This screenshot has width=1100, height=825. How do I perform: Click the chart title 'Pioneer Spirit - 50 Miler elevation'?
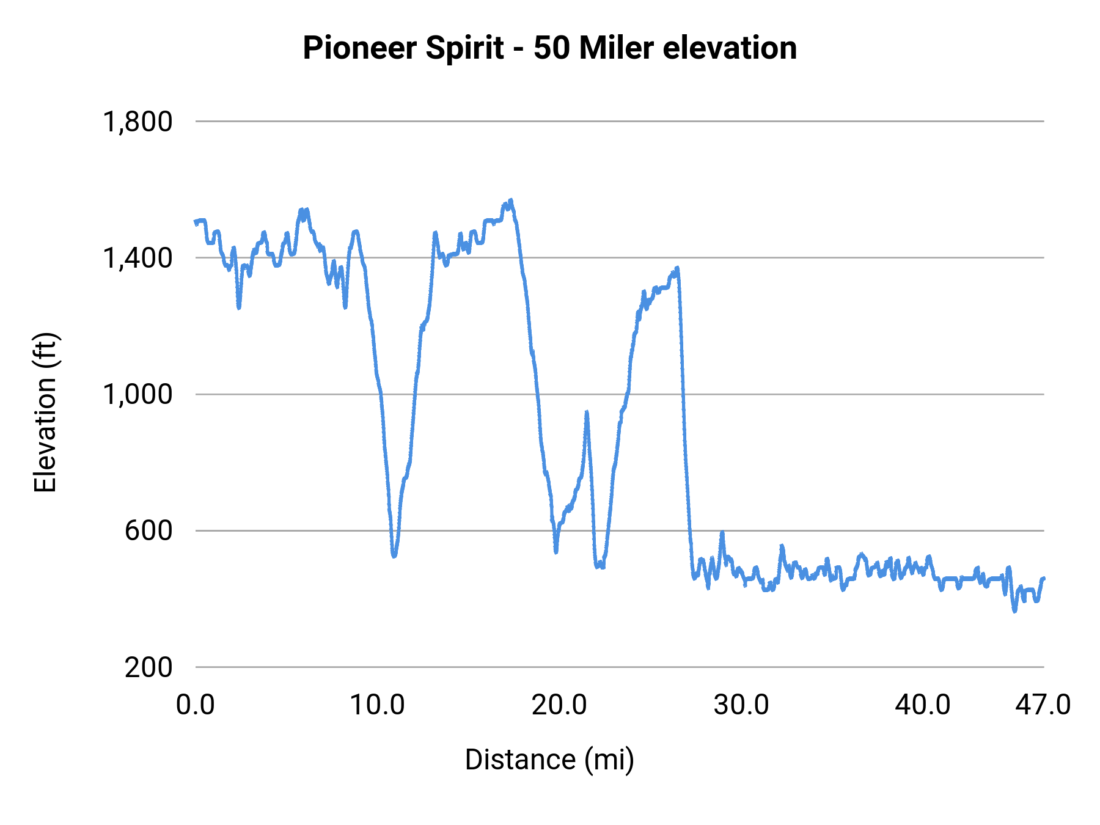point(549,48)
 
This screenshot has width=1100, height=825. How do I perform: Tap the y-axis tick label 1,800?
point(137,122)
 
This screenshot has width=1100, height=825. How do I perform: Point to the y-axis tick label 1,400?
point(137,258)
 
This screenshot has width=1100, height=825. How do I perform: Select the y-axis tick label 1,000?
point(137,394)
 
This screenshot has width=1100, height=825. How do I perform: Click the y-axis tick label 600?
point(148,530)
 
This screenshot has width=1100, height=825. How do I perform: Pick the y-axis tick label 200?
point(148,667)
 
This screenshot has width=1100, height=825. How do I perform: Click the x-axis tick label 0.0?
point(196,705)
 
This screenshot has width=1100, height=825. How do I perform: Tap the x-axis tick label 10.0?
point(377,705)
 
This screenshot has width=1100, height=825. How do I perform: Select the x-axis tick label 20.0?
point(559,705)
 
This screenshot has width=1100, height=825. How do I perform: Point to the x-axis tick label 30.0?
point(741,705)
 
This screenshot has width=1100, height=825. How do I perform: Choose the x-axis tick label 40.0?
point(923,705)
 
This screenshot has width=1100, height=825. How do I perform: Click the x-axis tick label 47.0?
point(1043,705)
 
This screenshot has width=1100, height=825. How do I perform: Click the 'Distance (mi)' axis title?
point(549,760)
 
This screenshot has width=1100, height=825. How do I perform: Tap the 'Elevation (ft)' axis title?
point(45,413)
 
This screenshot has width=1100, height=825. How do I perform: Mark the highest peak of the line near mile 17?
point(511,200)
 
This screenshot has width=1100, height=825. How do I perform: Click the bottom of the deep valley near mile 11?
point(394,555)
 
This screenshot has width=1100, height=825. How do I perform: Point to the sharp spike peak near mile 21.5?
point(587,413)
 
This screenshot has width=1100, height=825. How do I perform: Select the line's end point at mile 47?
point(1044,578)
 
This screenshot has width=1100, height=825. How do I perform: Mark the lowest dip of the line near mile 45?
point(1015,610)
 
